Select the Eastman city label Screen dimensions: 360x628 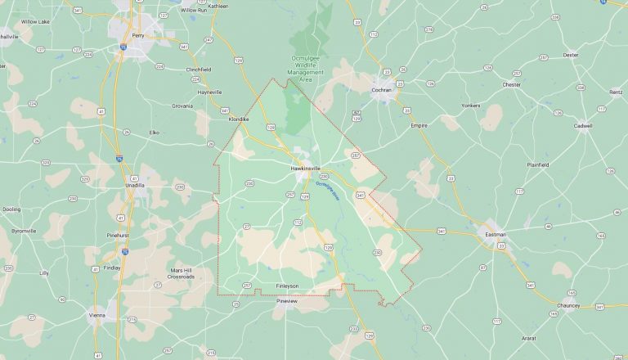point(496,235)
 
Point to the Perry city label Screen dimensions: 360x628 point(137,35)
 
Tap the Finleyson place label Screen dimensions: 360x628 point(287,286)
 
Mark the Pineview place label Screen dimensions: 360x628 point(287,301)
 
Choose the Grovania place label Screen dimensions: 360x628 point(182,106)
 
